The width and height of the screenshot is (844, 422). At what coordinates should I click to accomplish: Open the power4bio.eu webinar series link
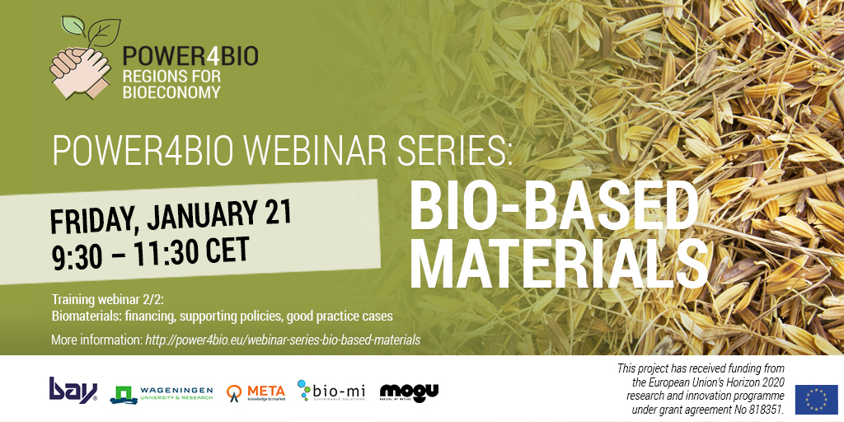coord(283,340)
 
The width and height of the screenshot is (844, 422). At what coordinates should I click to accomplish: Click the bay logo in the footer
coord(73,389)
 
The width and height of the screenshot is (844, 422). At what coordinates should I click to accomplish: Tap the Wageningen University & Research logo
coord(162,393)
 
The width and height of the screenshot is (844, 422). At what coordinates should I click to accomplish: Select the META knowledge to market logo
coord(256,392)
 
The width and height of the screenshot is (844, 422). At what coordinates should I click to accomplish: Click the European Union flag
coord(816,399)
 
